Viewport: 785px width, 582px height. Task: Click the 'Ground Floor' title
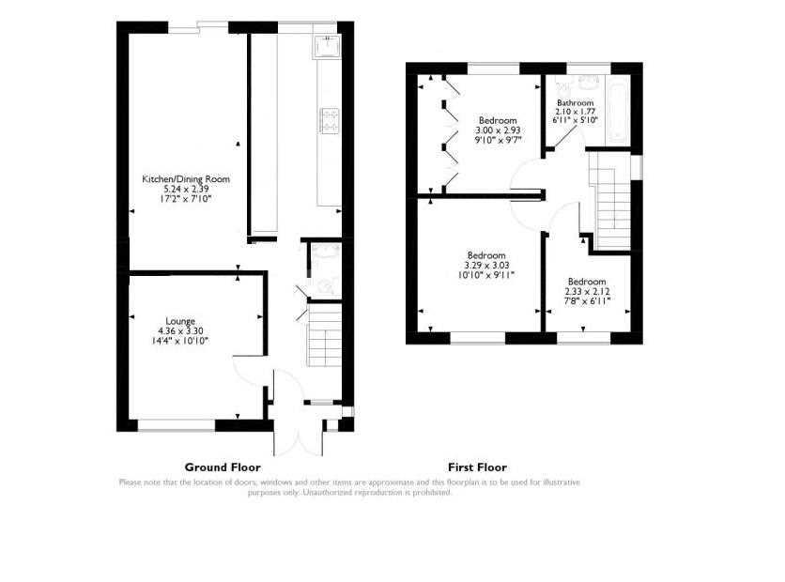pyautogui.click(x=223, y=467)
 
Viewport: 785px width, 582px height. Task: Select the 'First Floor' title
pyautogui.click(x=477, y=467)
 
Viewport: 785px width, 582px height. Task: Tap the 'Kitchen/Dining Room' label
pyautogui.click(x=186, y=179)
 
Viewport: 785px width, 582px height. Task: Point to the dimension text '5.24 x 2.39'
pyautogui.click(x=186, y=189)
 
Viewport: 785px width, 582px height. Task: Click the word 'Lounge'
pyautogui.click(x=180, y=320)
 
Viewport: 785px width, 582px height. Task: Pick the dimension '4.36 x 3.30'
pyautogui.click(x=180, y=330)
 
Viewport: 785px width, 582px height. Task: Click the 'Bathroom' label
pyautogui.click(x=575, y=102)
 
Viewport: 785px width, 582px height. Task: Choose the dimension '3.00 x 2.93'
pyautogui.click(x=499, y=130)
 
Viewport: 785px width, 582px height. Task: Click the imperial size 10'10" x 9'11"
pyautogui.click(x=486, y=274)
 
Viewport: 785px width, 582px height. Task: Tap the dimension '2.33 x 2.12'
pyautogui.click(x=587, y=291)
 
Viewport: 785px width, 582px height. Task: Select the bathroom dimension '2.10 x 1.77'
pyautogui.click(x=575, y=112)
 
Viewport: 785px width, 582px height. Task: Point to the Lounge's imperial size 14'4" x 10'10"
pyautogui.click(x=180, y=340)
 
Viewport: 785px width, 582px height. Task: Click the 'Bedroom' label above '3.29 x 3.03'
pyautogui.click(x=486, y=255)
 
